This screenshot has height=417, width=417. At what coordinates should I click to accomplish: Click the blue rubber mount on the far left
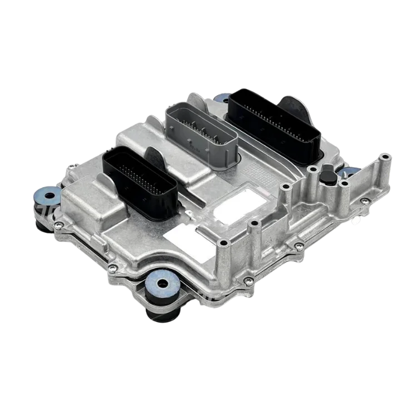[49, 196]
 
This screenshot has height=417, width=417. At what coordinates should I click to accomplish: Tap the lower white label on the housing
[189, 240]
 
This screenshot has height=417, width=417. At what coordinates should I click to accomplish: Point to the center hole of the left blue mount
[50, 196]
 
